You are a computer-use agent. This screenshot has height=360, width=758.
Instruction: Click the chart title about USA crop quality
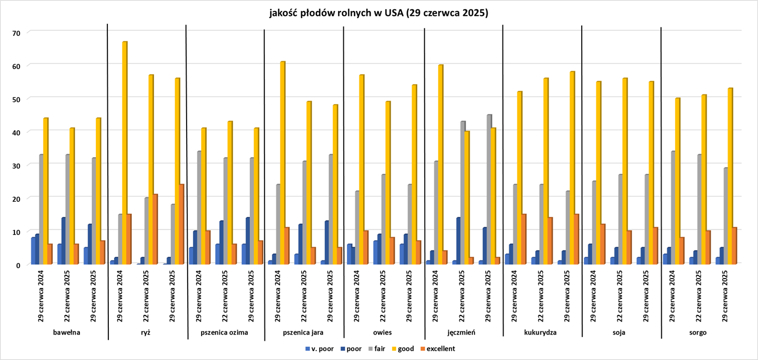pos(378,13)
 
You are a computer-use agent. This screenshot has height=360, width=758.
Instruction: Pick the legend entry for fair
pos(380,349)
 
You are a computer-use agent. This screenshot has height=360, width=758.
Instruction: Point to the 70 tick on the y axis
pos(16,33)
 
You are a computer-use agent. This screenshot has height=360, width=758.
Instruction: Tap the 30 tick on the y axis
pos(16,165)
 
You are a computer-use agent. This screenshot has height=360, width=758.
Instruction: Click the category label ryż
pos(146,333)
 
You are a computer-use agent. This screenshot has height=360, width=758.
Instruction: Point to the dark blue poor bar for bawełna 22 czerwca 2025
pos(63,241)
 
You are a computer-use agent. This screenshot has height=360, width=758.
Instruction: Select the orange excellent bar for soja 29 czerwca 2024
pos(603,244)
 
